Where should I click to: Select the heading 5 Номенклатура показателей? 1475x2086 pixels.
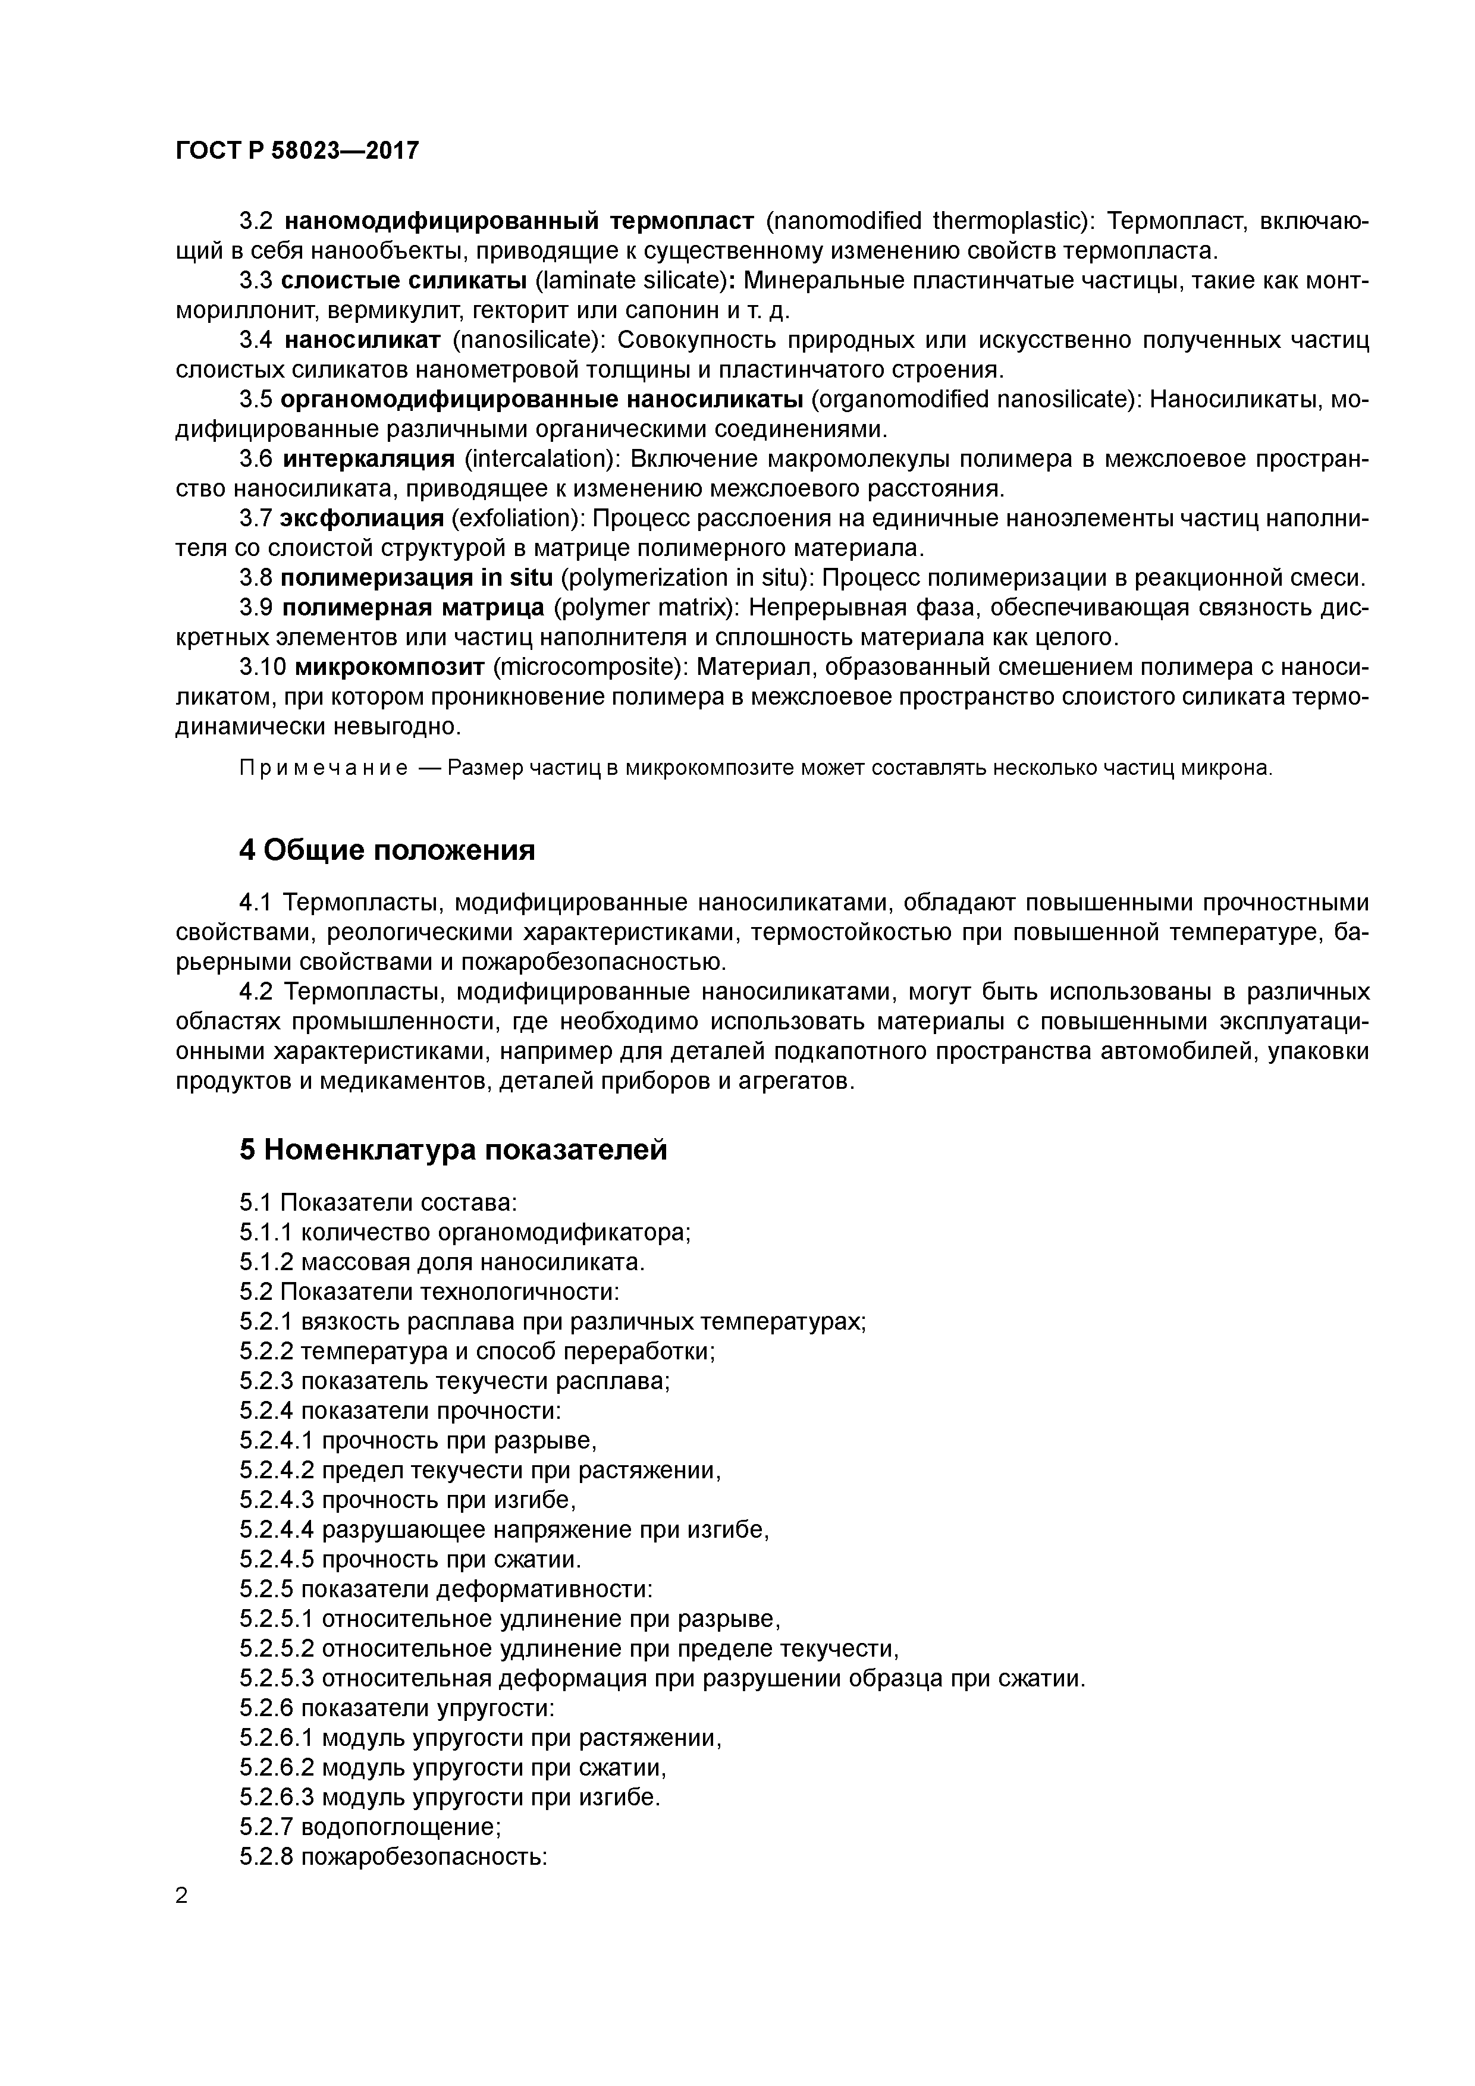(x=453, y=1149)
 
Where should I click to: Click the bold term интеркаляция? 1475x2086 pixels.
(x=369, y=459)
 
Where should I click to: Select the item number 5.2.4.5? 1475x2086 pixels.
(x=277, y=1560)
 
